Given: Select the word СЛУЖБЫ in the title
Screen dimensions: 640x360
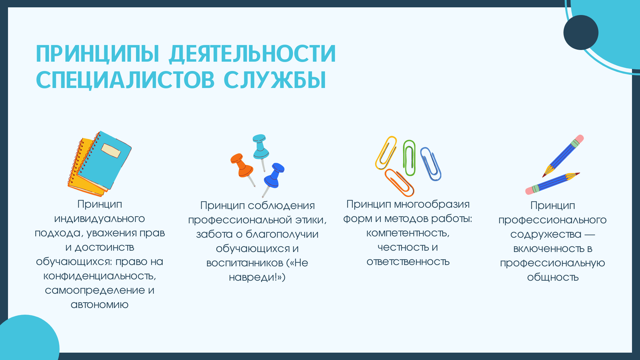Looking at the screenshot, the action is pos(275,80).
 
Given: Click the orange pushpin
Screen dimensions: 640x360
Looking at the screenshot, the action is pos(242,168).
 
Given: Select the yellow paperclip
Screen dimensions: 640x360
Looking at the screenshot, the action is pos(386,153).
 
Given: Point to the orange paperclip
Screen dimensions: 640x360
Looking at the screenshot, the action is pos(399,182).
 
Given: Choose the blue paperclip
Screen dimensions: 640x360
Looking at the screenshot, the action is pos(430,164).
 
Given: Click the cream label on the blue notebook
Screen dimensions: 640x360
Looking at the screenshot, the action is pos(111,151).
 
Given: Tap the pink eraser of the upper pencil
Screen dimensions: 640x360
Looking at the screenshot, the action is pos(579,139).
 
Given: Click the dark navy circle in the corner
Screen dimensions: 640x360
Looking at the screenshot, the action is pos(581,32).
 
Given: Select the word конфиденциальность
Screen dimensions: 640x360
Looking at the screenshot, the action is pos(99,276).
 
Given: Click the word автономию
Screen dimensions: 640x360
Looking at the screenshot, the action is pos(99,305).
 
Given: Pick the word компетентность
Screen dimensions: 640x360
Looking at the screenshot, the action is pos(408,233).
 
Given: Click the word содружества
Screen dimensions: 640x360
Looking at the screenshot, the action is pos(546,234).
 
